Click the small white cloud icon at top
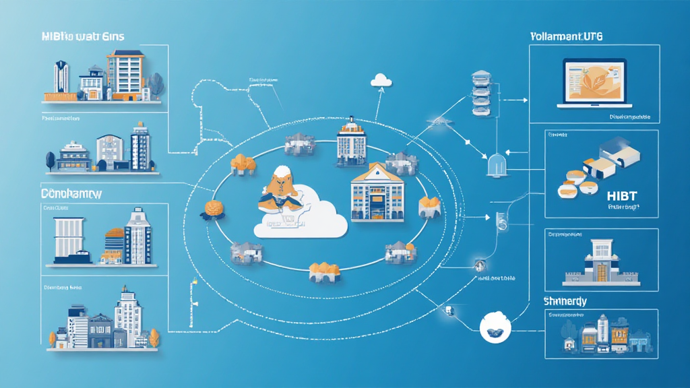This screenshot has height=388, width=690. [381, 80]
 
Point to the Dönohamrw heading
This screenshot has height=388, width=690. [71, 194]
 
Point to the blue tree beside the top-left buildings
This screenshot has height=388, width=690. [156, 84]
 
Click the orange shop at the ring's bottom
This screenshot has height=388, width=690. [323, 271]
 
